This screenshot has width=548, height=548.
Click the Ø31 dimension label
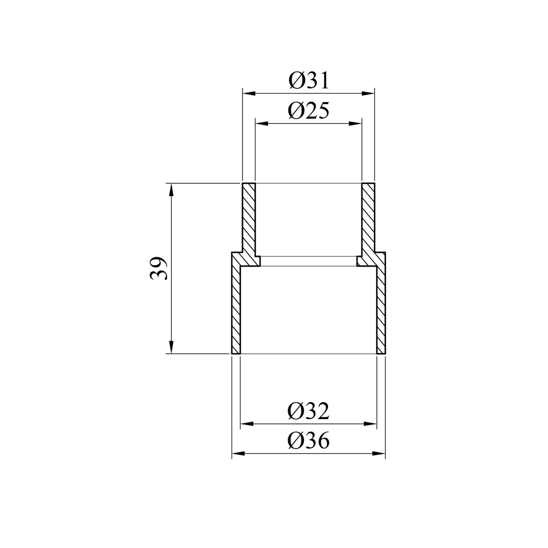pos(309,81)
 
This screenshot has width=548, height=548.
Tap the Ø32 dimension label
pos(309,411)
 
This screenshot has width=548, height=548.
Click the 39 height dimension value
pos(158,269)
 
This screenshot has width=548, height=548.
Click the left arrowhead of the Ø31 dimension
pos(248,94)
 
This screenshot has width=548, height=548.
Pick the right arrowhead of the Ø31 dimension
pos(369,94)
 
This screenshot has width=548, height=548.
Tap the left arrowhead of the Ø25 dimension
pos(261,123)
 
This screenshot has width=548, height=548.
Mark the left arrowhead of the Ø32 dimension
pos(246,424)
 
